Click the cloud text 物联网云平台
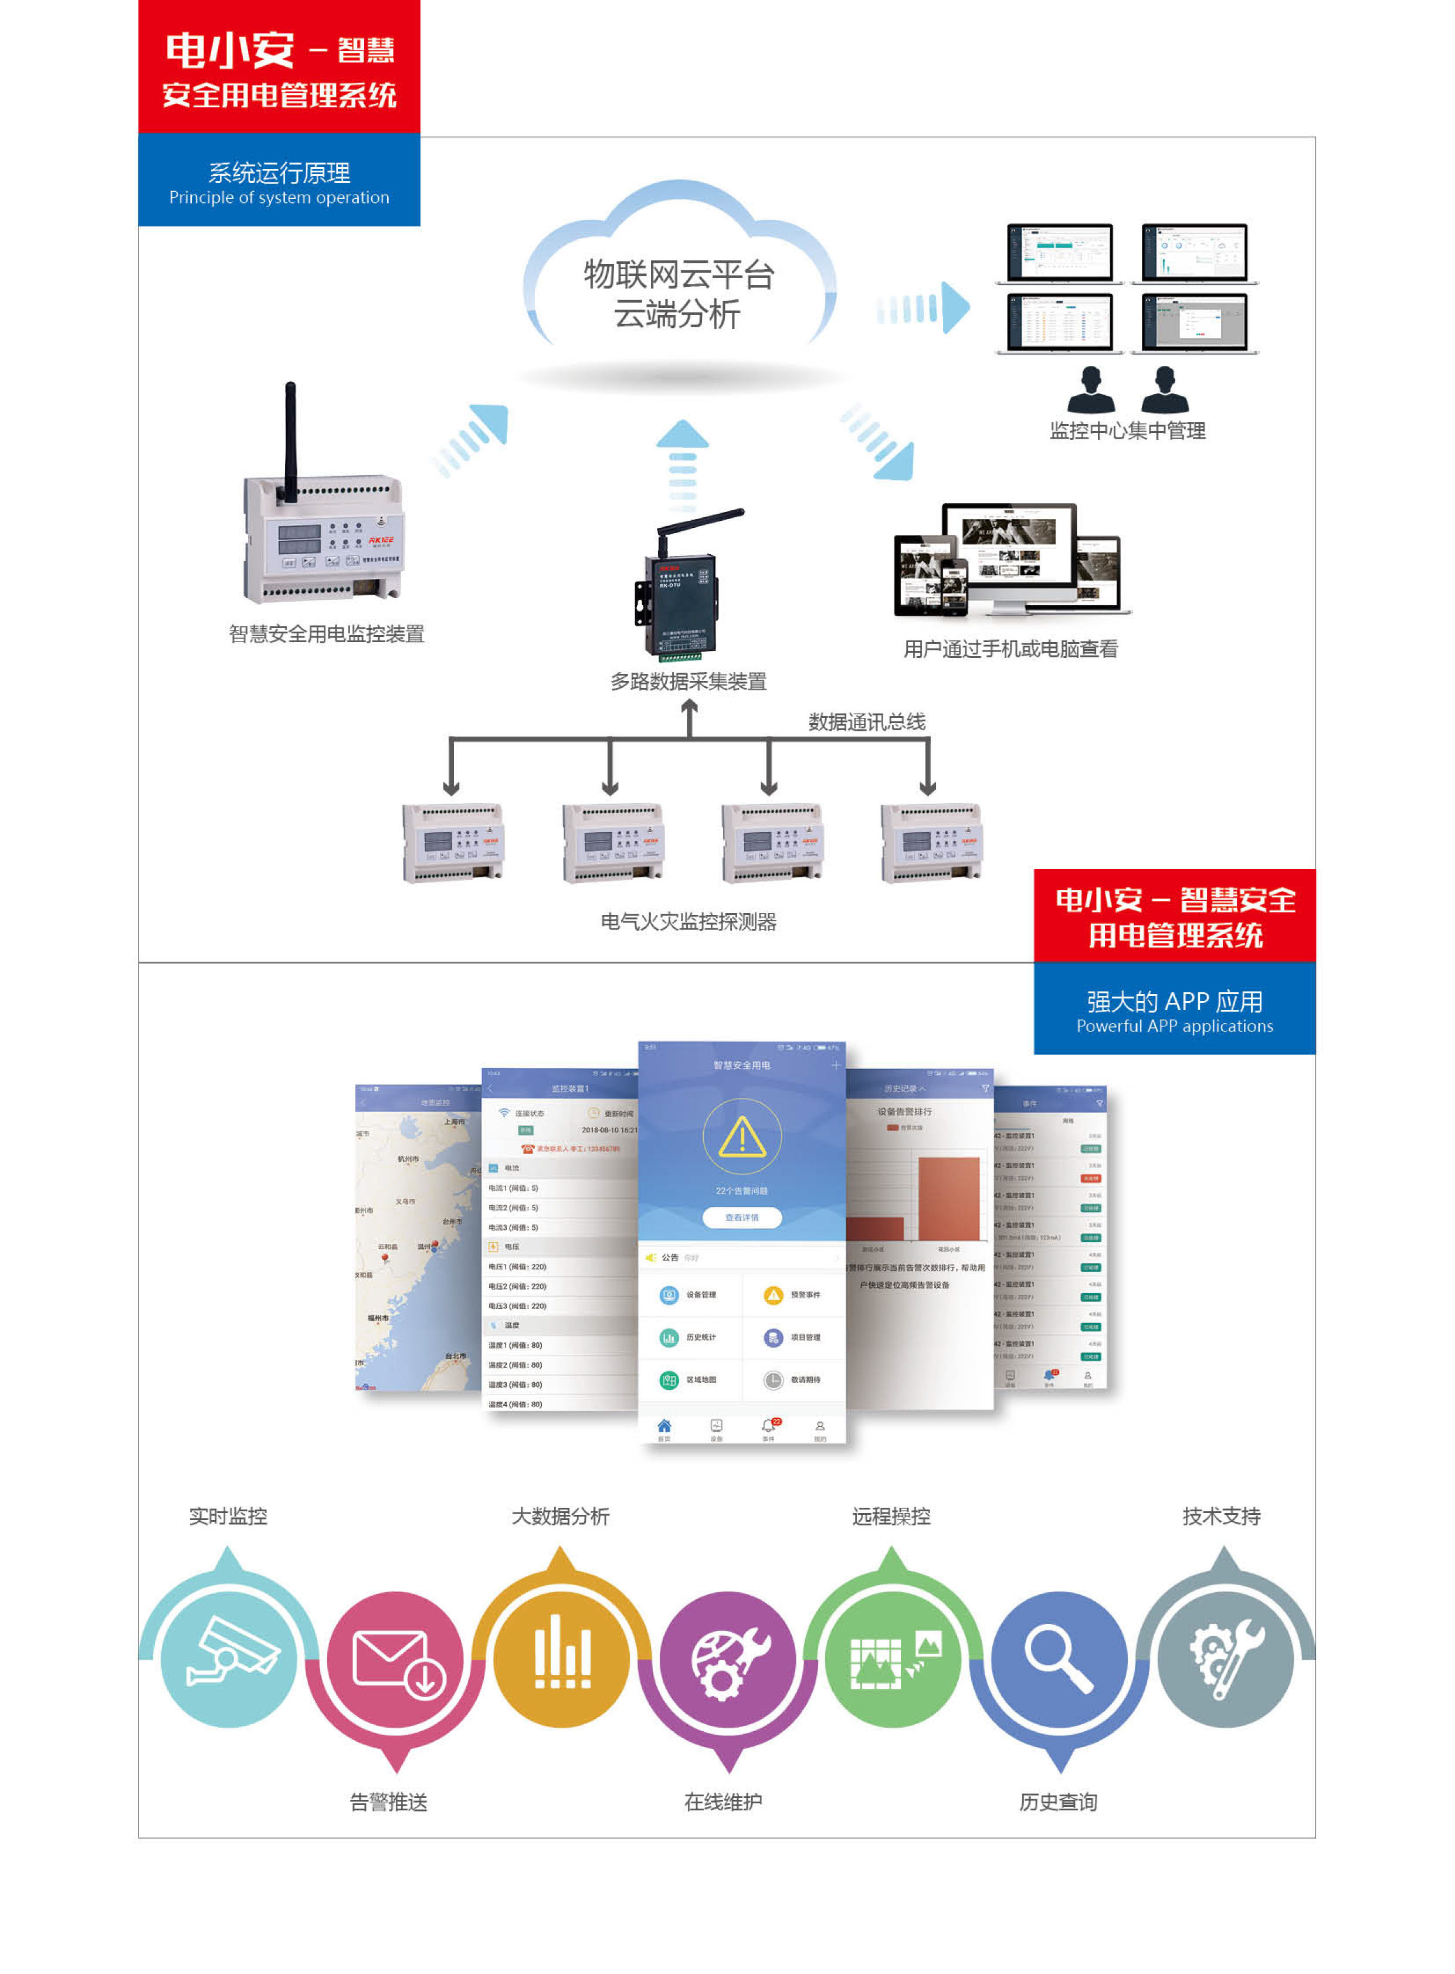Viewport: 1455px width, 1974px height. click(x=678, y=275)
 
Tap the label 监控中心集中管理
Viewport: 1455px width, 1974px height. click(x=1127, y=430)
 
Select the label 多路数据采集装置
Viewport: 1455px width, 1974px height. click(x=688, y=681)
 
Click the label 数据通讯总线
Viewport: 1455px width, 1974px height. click(x=867, y=723)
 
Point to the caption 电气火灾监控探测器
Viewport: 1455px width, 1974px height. click(x=688, y=922)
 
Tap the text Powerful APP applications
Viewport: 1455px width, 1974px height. click(x=1174, y=1026)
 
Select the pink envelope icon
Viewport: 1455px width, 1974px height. click(x=395, y=1660)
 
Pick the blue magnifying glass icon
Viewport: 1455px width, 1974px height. click(x=1060, y=1660)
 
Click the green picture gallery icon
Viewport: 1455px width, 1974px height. click(x=892, y=1660)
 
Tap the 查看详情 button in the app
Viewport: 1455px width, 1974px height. click(x=742, y=1217)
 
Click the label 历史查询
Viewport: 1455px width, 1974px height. click(x=1058, y=1802)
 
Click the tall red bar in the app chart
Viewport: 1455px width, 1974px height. click(x=948, y=1198)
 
